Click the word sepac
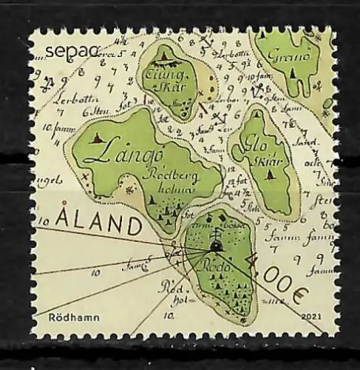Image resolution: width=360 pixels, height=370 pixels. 61,50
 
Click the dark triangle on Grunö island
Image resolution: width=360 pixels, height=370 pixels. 294,73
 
